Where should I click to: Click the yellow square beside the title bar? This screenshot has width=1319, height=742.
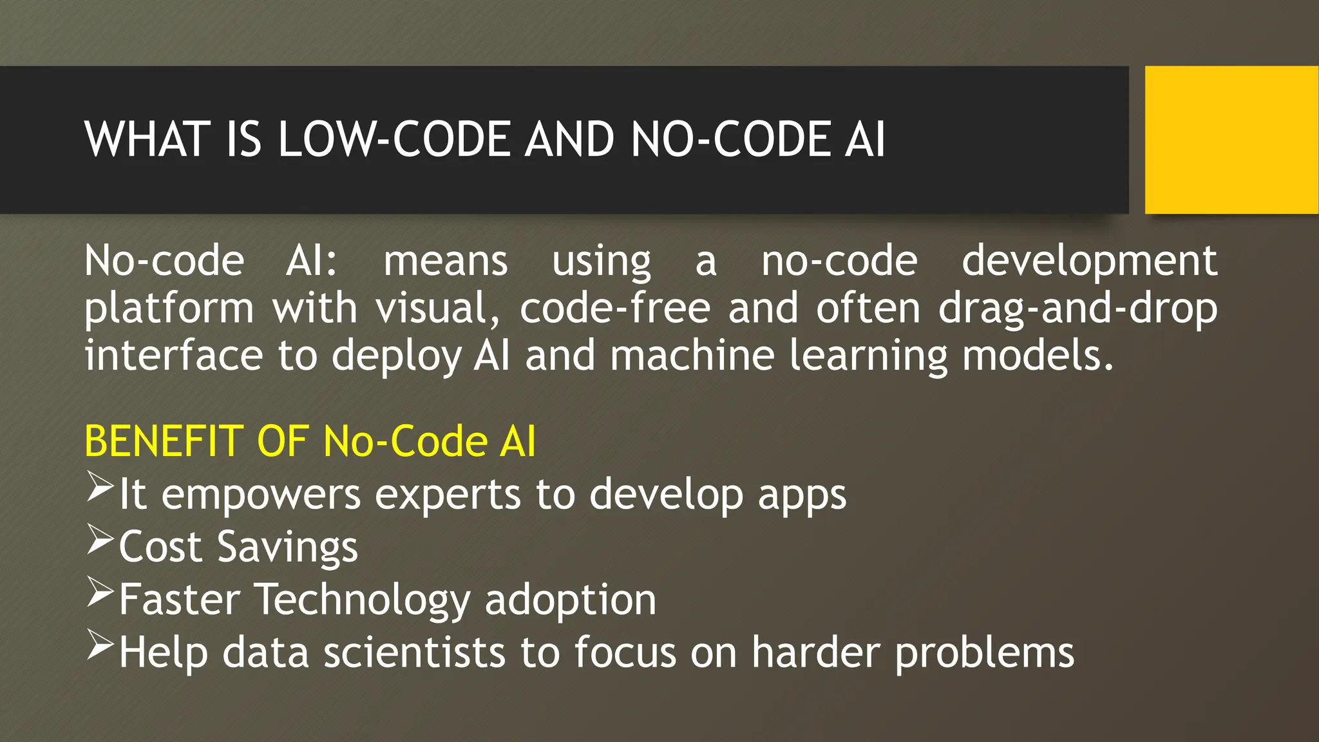click(1231, 140)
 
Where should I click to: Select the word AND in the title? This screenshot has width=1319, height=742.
click(570, 140)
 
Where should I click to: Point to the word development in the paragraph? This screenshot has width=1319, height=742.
click(1089, 262)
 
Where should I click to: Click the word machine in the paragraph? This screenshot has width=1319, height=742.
click(692, 356)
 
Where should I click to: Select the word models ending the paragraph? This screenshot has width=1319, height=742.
click(1037, 356)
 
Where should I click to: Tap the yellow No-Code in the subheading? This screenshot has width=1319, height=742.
click(405, 442)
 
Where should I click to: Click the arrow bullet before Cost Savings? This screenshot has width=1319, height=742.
click(100, 540)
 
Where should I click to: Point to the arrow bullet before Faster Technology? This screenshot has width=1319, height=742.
click(100, 593)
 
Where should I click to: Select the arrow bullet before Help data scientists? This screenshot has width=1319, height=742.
click(100, 645)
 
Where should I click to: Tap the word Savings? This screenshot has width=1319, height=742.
click(287, 548)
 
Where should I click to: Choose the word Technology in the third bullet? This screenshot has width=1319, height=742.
click(363, 600)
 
